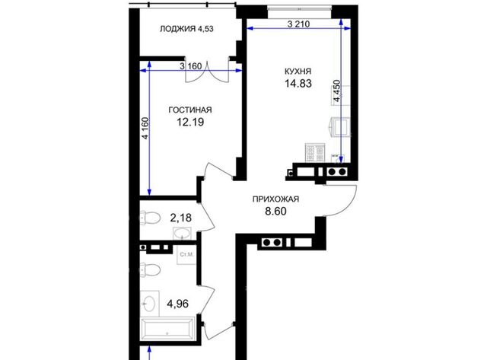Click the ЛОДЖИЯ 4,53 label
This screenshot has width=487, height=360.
tap(186, 29)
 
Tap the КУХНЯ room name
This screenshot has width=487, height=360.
tap(298, 71)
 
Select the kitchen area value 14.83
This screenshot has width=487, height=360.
tap(298, 84)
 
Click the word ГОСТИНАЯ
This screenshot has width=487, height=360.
tap(190, 110)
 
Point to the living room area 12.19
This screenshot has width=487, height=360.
tap(190, 122)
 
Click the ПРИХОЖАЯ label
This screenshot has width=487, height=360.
tap(275, 199)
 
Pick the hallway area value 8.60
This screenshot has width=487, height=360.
tap(275, 212)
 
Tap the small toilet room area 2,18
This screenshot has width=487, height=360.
tap(181, 218)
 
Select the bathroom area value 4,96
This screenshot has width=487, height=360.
tap(177, 303)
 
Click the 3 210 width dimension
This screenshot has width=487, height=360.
tap(298, 24)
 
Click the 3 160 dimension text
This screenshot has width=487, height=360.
tap(191, 66)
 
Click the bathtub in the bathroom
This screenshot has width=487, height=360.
tap(167, 329)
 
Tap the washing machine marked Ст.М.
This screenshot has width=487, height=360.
tap(186, 255)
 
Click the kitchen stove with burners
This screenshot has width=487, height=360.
tap(315, 152)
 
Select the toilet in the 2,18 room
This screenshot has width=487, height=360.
tap(150, 218)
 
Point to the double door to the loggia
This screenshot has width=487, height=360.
tap(207, 72)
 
